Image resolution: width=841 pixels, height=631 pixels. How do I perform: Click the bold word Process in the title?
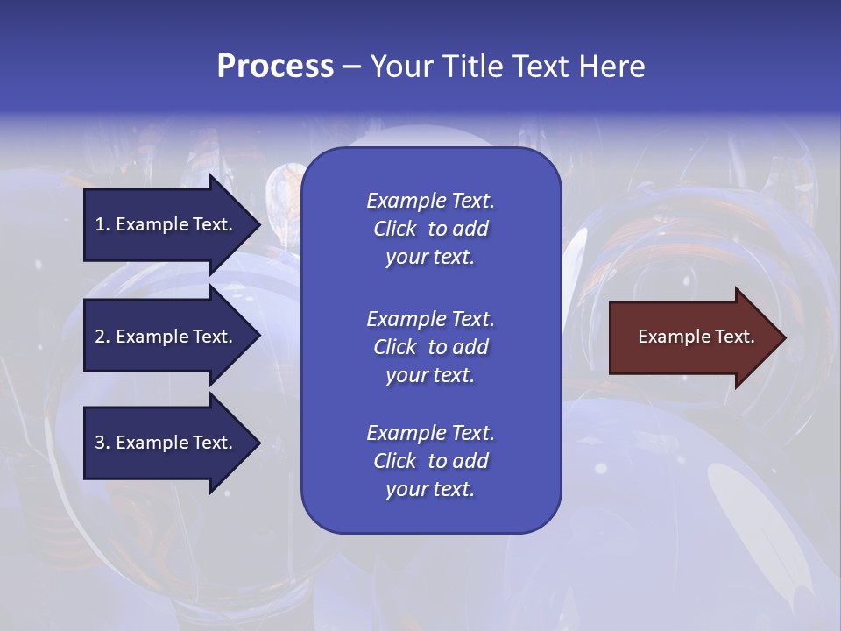tap(275, 67)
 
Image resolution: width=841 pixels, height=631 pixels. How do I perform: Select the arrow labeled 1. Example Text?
tap(166, 224)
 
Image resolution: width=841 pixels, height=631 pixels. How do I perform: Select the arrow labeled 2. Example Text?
tap(166, 337)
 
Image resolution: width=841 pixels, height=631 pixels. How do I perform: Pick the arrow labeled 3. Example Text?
tap(166, 443)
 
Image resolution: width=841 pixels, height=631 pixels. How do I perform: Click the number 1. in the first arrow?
tap(102, 224)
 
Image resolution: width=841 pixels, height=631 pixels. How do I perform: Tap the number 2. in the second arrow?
tap(102, 337)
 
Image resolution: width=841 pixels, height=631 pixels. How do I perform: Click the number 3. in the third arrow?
tap(102, 443)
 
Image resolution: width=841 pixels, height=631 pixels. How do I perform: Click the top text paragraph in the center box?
tap(430, 229)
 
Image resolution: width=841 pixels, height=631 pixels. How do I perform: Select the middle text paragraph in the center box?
tap(430, 347)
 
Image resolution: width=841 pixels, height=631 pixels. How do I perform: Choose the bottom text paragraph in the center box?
tap(430, 461)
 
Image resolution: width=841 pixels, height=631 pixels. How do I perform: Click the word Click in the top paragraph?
tap(394, 229)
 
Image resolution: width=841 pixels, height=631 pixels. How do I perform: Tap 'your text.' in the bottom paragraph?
tap(430, 489)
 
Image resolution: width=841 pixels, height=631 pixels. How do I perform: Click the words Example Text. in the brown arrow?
tap(696, 337)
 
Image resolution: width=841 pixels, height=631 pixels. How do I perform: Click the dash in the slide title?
tap(351, 67)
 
